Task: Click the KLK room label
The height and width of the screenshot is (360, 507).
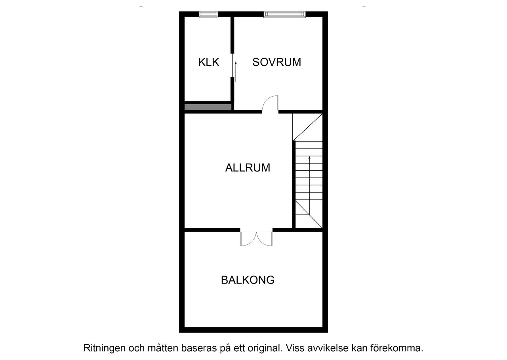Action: tap(209, 62)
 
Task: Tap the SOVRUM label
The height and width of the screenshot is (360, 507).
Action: tap(277, 62)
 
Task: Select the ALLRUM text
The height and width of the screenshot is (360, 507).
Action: tap(248, 168)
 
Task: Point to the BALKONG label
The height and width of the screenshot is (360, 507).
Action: tap(248, 280)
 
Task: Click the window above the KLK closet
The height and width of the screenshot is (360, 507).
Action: tap(208, 14)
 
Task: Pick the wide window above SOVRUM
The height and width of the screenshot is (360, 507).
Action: tap(285, 14)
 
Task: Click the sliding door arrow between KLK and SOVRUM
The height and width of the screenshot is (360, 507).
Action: tap(236, 72)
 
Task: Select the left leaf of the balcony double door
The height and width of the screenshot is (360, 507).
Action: tap(248, 239)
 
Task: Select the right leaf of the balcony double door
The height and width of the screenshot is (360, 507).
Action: tap(264, 239)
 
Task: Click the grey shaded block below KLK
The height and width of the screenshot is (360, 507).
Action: tap(208, 107)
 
